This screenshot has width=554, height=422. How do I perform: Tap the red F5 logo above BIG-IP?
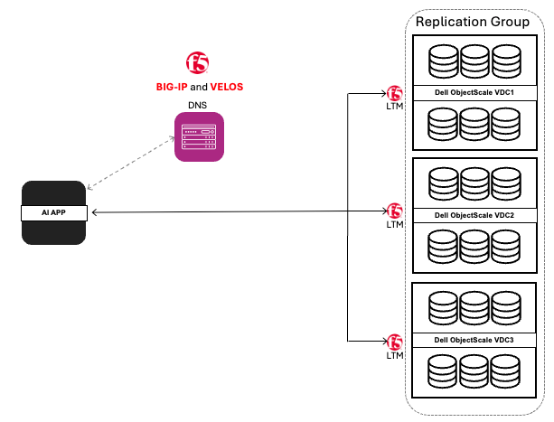pos(198,62)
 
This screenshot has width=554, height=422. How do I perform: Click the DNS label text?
pos(198,106)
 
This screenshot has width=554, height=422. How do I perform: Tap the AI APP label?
pos(54,212)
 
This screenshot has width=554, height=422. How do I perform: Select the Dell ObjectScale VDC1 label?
pos(474,93)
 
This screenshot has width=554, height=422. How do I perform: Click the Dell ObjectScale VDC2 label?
pos(474,215)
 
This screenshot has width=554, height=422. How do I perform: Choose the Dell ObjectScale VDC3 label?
pos(474,340)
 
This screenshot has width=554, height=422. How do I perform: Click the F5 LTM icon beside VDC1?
pos(394,94)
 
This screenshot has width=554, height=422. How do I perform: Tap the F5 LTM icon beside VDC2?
pos(394,211)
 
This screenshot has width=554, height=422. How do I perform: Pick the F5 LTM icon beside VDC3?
pos(394,342)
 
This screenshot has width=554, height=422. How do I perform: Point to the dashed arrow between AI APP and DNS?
pos(133,164)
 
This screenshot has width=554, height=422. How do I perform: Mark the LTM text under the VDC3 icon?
pos(394,355)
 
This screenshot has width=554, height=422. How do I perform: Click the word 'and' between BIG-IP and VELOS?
pos(200,87)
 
